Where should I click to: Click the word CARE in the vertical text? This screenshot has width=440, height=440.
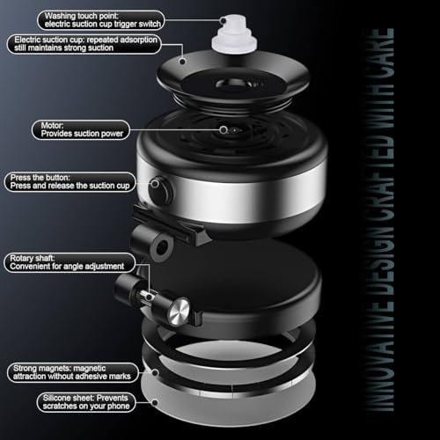pos(385,49)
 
